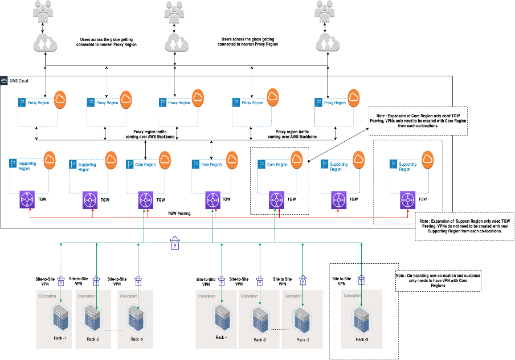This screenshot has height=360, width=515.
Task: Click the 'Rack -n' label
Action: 135,339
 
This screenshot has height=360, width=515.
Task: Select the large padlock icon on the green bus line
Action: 175,244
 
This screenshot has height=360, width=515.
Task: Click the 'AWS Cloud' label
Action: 19,81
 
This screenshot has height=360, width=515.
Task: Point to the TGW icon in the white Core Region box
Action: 277,200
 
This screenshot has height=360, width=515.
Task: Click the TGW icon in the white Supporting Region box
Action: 407,200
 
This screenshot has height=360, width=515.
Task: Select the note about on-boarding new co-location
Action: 438,280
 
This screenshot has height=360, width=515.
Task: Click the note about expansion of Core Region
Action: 418,120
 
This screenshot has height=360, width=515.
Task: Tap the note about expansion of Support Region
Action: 464,226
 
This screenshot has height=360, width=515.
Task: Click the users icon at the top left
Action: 44,11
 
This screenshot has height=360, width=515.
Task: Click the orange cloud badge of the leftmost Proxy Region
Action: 59,99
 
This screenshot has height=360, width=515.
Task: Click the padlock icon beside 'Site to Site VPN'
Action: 361,280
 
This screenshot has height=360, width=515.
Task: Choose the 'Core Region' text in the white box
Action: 277,164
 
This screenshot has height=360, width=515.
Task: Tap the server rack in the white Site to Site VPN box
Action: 359,318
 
